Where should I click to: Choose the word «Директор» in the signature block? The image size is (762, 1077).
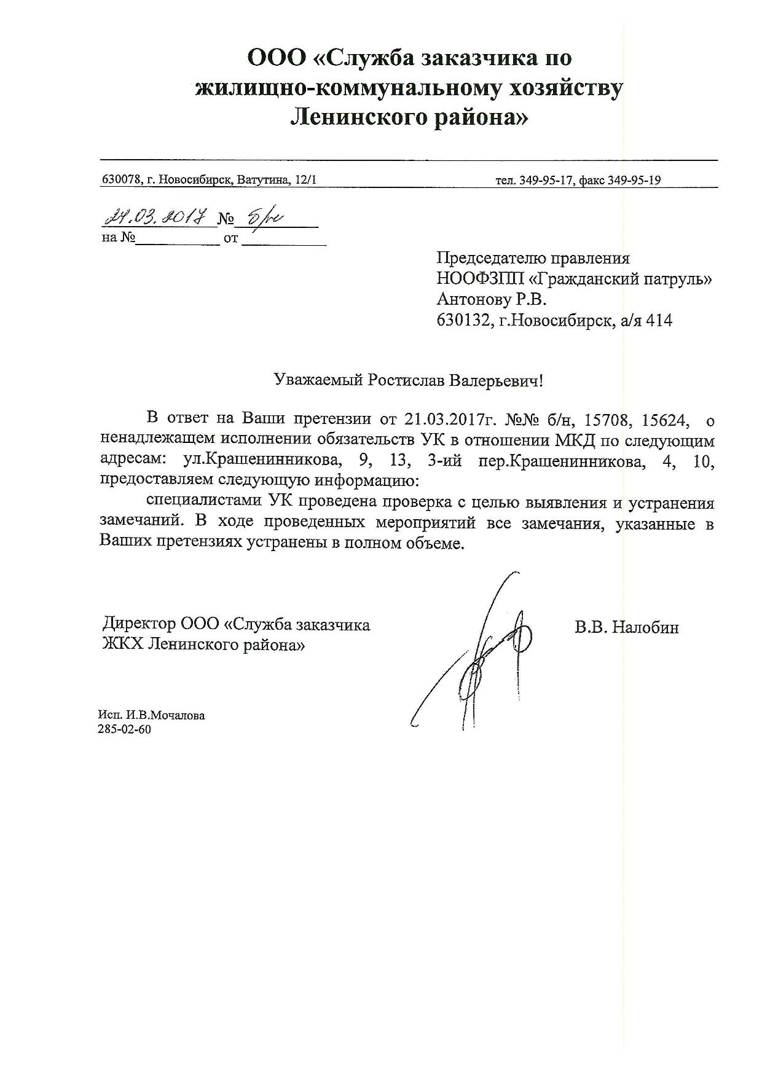pos(139,625)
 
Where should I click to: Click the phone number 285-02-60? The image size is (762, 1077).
pos(124,729)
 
